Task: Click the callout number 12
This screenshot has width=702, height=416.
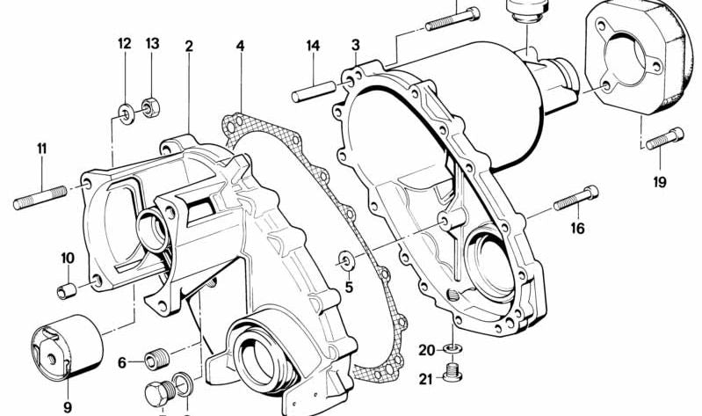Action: pyautogui.click(x=124, y=44)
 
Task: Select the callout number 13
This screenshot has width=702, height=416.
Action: pyautogui.click(x=153, y=44)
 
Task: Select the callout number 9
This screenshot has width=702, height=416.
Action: pyautogui.click(x=67, y=406)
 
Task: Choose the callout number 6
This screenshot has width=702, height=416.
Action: pyautogui.click(x=122, y=361)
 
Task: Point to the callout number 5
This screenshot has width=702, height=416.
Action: pyautogui.click(x=348, y=286)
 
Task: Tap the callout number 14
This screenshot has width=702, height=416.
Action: pyautogui.click(x=314, y=45)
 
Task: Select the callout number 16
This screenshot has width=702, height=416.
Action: pyautogui.click(x=577, y=229)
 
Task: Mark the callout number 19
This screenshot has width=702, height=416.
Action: pyautogui.click(x=660, y=183)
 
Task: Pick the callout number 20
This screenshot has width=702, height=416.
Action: pyautogui.click(x=426, y=350)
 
